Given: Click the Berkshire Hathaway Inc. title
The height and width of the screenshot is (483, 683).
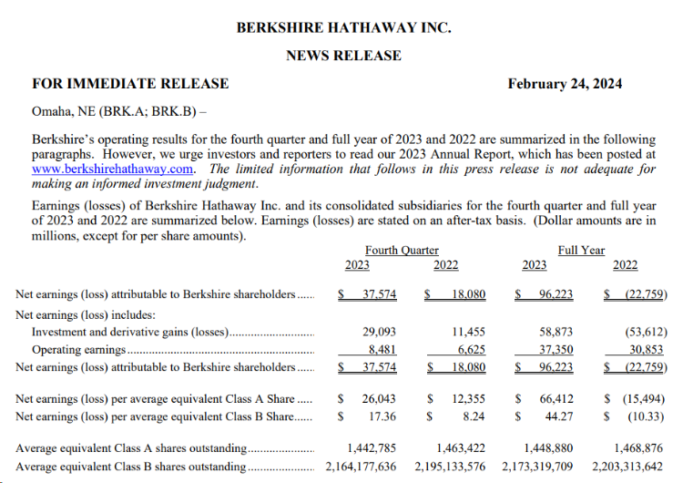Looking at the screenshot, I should pos(343,27).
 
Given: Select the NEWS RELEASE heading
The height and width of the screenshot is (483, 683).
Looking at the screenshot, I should pos(343,56).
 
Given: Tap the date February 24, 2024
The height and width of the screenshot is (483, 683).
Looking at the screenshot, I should pos(565,84).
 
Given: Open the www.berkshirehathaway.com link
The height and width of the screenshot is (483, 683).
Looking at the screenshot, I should pos(113,169).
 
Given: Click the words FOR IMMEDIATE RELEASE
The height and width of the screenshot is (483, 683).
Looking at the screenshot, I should pos(130,84).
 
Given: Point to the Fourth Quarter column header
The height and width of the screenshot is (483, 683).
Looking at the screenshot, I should pos(402,250).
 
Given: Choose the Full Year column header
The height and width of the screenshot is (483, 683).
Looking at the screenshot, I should pos(581,250).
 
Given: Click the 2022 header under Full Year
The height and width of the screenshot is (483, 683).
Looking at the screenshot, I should pos(626,265).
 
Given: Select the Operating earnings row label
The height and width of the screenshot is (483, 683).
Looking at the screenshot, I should pos(79,350).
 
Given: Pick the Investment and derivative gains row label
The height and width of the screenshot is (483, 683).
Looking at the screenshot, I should pos(130,334).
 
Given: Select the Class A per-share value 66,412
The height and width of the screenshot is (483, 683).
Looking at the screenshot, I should pos(558,399).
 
